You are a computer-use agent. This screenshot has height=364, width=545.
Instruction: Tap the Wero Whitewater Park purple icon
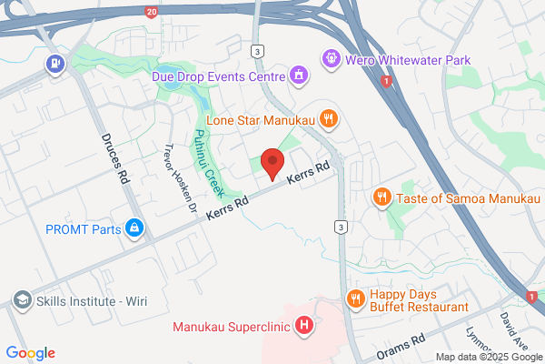(x=330, y=59)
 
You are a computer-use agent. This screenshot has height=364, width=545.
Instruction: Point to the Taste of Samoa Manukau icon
(x=382, y=196)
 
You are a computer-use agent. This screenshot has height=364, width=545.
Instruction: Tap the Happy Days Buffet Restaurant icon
(x=355, y=298)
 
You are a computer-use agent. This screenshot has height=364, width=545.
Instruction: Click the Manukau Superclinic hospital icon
(x=305, y=325)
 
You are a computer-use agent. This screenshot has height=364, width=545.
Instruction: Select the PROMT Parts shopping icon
(x=134, y=227)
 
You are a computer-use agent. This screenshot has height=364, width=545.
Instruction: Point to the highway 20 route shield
(x=151, y=10)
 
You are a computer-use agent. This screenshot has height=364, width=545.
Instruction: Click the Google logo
(x=30, y=353)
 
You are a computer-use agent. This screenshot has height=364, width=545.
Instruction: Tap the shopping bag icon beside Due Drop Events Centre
(x=297, y=74)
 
